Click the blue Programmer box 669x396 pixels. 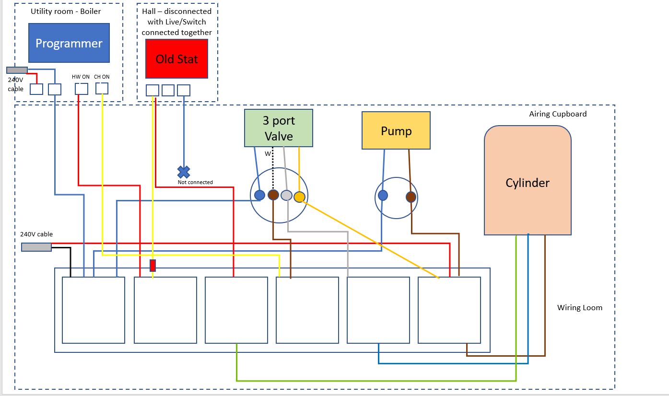pyautogui.click(x=69, y=43)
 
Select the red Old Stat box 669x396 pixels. pyautogui.click(x=176, y=59)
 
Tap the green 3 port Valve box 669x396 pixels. pyautogui.click(x=278, y=128)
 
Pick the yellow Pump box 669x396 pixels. pyautogui.click(x=396, y=131)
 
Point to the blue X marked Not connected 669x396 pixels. pyautogui.click(x=184, y=172)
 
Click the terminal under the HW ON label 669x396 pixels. pyautogui.click(x=82, y=89)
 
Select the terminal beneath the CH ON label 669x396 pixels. pyautogui.click(x=102, y=88)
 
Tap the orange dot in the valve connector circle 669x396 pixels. pyautogui.click(x=299, y=197)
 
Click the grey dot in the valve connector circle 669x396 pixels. pyautogui.click(x=286, y=195)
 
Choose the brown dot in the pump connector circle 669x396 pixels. pyautogui.click(x=411, y=197)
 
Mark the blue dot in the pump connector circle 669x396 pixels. pyautogui.click(x=383, y=195)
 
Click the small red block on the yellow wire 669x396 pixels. pyautogui.click(x=153, y=266)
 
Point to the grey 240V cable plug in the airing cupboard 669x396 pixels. pyautogui.click(x=36, y=247)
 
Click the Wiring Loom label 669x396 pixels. pyautogui.click(x=579, y=308)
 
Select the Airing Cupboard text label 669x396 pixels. pyautogui.click(x=558, y=114)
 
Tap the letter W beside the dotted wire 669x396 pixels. pyautogui.click(x=268, y=154)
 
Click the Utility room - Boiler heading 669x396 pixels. pyautogui.click(x=66, y=11)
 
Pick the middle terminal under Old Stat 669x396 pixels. pyautogui.click(x=168, y=90)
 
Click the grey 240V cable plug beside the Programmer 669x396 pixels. pyautogui.click(x=17, y=70)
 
